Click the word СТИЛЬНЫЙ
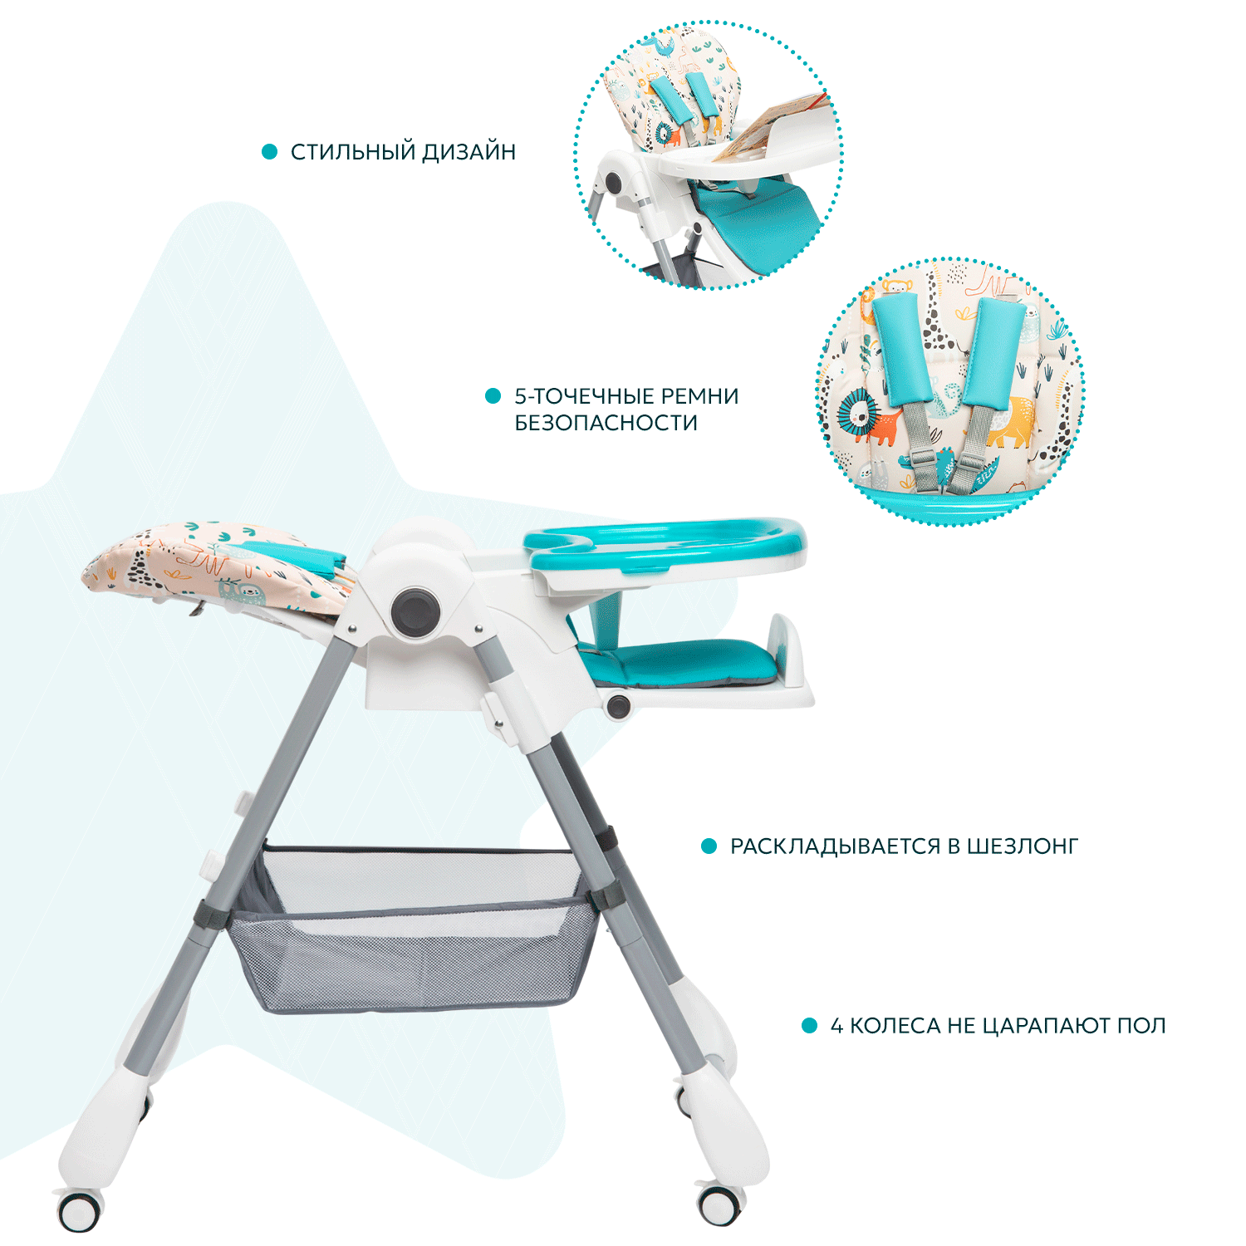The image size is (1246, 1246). tap(353, 152)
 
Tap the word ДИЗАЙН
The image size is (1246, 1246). tap(469, 152)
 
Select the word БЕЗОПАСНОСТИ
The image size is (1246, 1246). tap(606, 423)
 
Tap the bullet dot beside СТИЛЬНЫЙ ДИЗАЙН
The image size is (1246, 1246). tap(269, 152)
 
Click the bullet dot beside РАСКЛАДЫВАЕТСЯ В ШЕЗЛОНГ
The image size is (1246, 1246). tap(709, 846)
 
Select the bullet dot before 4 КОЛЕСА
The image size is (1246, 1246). tap(809, 1026)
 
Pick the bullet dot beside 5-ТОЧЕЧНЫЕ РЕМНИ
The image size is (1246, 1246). tap(493, 396)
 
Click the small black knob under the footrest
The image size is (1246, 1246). tap(618, 707)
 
